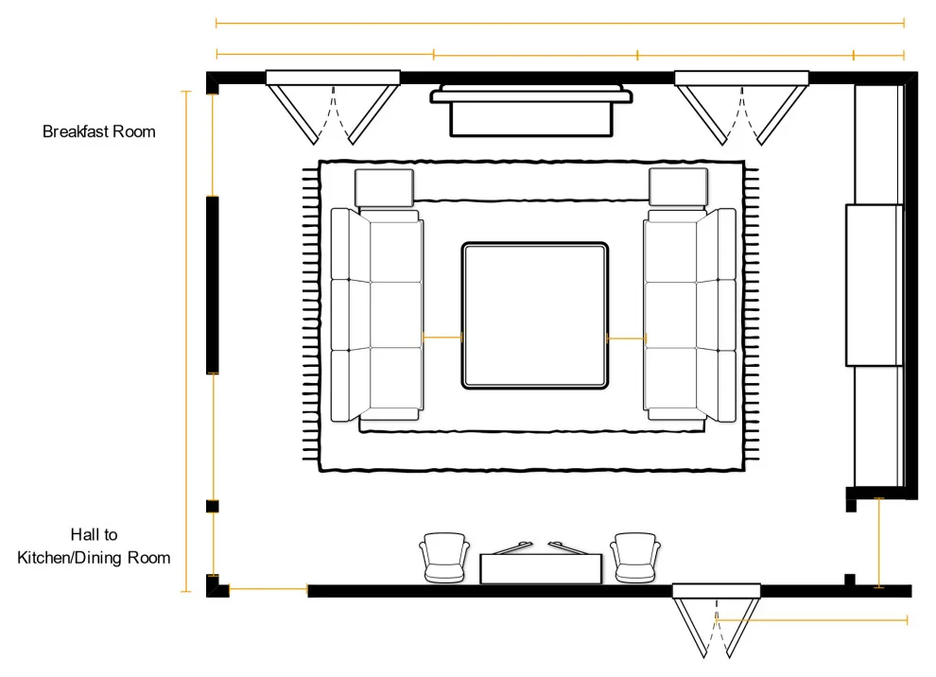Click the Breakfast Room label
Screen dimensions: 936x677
(x=99, y=131)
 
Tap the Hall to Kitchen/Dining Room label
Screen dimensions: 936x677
(x=94, y=546)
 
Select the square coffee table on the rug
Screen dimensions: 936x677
(x=535, y=316)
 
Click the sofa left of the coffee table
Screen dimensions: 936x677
(x=377, y=315)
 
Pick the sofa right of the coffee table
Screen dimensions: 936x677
(x=689, y=315)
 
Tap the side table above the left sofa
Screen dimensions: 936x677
(x=384, y=187)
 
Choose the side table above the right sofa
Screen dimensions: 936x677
(x=678, y=187)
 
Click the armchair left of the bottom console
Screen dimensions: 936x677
(x=444, y=557)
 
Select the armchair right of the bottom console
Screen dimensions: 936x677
(x=635, y=557)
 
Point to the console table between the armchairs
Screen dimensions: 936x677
(x=541, y=568)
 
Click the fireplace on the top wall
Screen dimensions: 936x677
(x=531, y=111)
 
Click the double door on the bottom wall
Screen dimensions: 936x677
(x=717, y=621)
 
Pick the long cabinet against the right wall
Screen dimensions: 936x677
(x=874, y=286)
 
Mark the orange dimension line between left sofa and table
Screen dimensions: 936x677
(x=442, y=338)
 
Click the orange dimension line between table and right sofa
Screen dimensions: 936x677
(x=626, y=338)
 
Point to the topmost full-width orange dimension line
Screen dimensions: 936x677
(x=560, y=24)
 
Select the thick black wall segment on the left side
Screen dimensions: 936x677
(x=213, y=285)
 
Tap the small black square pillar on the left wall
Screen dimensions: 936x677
(x=213, y=506)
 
